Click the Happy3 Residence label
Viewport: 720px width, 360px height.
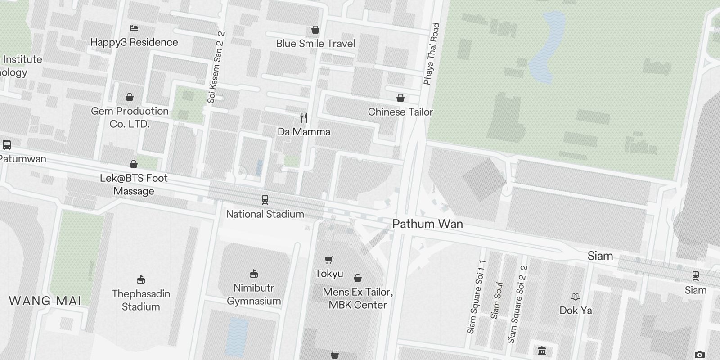(x=134, y=42)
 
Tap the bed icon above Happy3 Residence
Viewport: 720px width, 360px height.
(x=134, y=28)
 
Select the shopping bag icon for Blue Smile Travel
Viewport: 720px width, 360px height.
(x=315, y=30)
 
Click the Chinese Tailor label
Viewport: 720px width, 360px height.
(x=400, y=112)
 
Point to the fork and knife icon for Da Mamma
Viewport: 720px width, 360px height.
(x=304, y=118)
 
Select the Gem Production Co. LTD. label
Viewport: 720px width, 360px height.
(x=130, y=117)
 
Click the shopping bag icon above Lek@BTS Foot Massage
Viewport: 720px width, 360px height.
(x=134, y=164)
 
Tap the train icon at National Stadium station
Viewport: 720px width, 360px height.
(x=265, y=199)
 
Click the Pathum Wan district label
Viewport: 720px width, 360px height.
(x=427, y=224)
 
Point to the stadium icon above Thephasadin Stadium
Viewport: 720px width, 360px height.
(x=141, y=279)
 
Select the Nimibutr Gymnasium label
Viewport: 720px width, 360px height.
(x=254, y=294)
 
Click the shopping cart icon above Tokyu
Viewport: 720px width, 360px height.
(x=329, y=260)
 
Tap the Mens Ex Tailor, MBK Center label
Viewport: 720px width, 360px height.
(x=358, y=298)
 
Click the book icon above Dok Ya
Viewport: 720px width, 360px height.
(x=576, y=296)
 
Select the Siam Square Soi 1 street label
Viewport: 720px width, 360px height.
(x=477, y=297)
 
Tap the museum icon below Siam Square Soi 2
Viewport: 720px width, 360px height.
(x=542, y=351)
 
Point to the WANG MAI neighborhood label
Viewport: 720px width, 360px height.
(x=45, y=301)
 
